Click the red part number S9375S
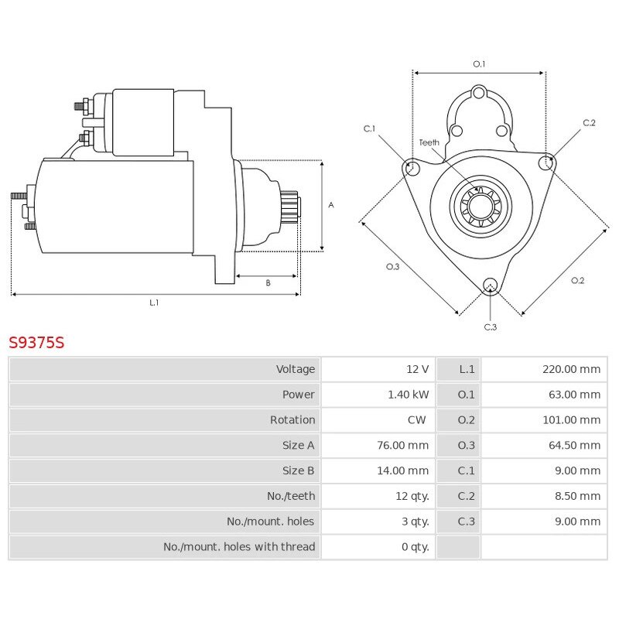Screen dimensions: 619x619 (36, 343)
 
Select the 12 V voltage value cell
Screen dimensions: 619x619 (418, 369)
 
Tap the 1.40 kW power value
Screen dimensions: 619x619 (409, 395)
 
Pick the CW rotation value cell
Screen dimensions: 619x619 (419, 420)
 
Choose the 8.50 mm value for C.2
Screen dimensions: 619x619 (578, 496)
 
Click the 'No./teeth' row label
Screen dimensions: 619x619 (291, 496)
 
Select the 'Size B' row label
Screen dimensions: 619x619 (299, 470)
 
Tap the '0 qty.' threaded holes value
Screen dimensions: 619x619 (415, 547)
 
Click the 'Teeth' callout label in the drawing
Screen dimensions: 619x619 (429, 142)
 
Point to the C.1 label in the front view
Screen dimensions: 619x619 (369, 128)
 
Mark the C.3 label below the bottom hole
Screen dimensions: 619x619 (490, 327)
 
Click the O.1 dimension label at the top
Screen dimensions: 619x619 (479, 63)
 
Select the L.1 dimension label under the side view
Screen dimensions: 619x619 (154, 303)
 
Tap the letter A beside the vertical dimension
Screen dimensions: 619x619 (331, 205)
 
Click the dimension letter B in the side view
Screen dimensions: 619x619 (268, 283)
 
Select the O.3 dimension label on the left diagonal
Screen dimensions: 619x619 (392, 267)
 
